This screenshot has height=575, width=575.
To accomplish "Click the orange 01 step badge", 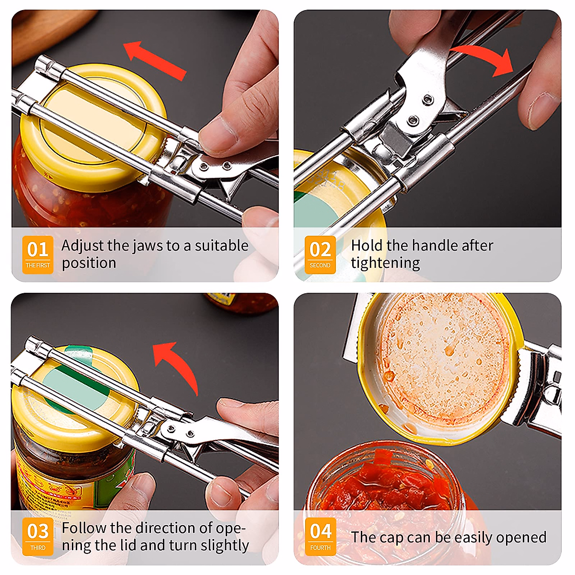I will tap(38, 254).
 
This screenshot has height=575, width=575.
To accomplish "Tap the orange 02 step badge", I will tap(320, 254).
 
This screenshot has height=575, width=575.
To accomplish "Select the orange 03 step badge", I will tap(38, 536).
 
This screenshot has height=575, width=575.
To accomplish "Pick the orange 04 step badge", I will tap(321, 536).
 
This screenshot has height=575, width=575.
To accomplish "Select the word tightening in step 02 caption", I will tap(385, 263).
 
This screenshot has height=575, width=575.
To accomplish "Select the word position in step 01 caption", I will tap(89, 263).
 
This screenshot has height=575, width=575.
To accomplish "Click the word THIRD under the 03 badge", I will tap(38, 548).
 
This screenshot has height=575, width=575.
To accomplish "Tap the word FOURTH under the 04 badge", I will tap(321, 548).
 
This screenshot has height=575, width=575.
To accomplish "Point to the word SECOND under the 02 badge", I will tap(320, 265).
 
